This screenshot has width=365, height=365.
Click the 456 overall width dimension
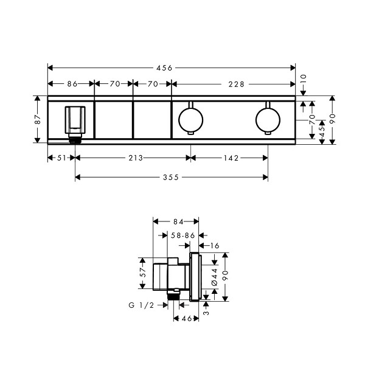click(164, 68)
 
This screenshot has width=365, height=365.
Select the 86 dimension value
click(72, 84)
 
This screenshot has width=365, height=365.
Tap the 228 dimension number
click(236, 85)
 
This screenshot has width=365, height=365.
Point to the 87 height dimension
click(38, 119)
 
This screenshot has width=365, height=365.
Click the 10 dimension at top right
click(304, 79)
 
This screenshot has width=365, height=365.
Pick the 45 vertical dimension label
click(322, 132)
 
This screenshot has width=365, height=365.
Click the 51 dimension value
click(61, 158)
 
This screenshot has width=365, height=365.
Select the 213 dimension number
click(136, 158)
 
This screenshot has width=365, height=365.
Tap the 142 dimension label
click(231, 158)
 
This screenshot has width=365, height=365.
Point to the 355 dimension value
click(171, 178)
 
